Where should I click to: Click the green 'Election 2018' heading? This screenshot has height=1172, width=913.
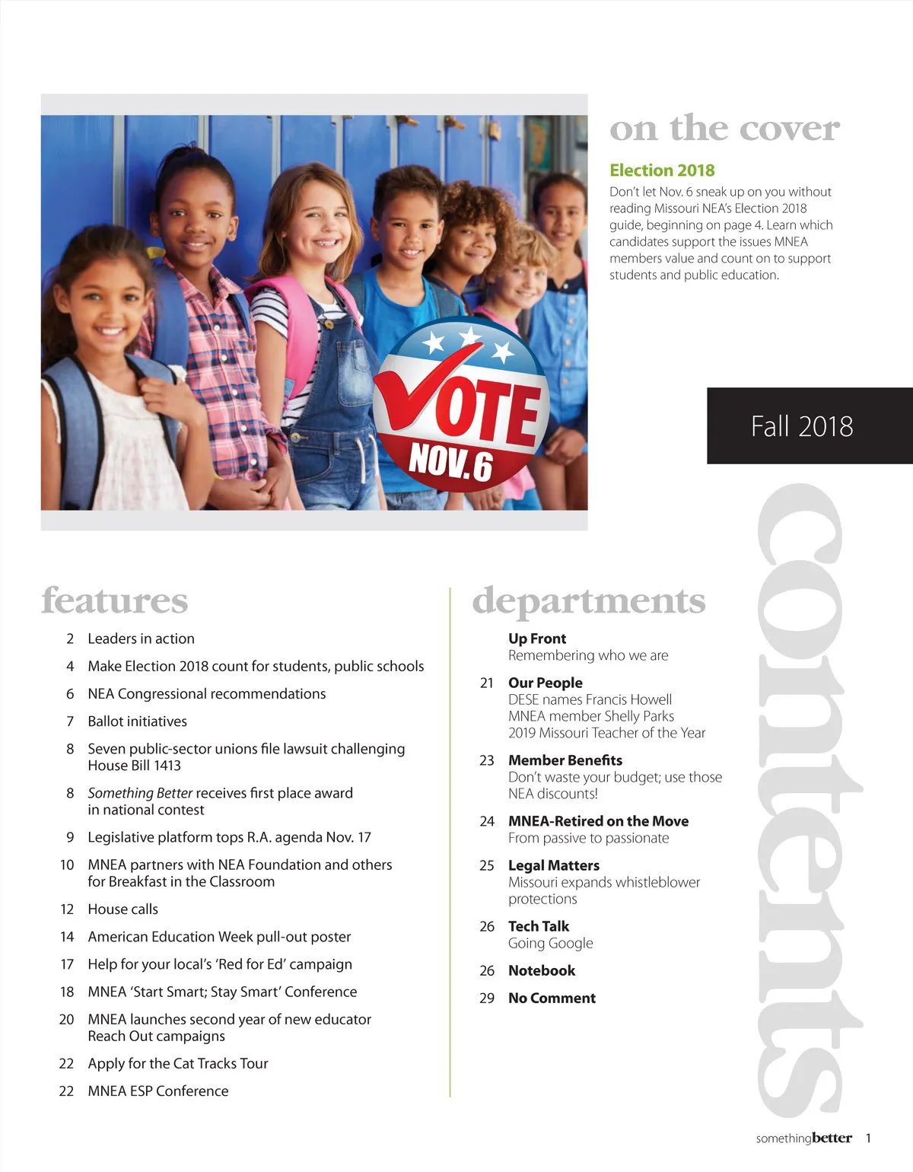662,170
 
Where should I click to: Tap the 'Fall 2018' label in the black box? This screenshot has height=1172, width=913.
802,426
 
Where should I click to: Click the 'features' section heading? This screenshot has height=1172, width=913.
115,600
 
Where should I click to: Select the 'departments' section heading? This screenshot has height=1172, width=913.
589,601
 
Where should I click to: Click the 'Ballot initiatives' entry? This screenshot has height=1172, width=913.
137,721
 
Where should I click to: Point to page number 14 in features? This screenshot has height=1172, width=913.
67,937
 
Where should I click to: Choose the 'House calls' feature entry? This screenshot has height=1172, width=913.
122,909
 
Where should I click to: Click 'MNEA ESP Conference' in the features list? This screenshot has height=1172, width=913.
157,1091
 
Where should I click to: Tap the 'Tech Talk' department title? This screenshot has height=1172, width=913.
539,926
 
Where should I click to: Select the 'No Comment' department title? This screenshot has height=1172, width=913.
552,998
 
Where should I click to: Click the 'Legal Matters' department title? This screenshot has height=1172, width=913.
554,865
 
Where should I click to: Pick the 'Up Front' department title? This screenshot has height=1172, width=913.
537,639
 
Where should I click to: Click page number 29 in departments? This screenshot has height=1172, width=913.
487,998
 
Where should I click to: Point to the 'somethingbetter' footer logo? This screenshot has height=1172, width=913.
803,1139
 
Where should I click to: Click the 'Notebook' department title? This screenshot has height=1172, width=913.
542,970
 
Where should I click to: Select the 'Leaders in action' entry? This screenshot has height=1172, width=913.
141,639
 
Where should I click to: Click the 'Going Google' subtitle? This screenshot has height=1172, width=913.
550,943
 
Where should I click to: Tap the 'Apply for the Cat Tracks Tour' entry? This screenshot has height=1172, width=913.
177,1063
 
